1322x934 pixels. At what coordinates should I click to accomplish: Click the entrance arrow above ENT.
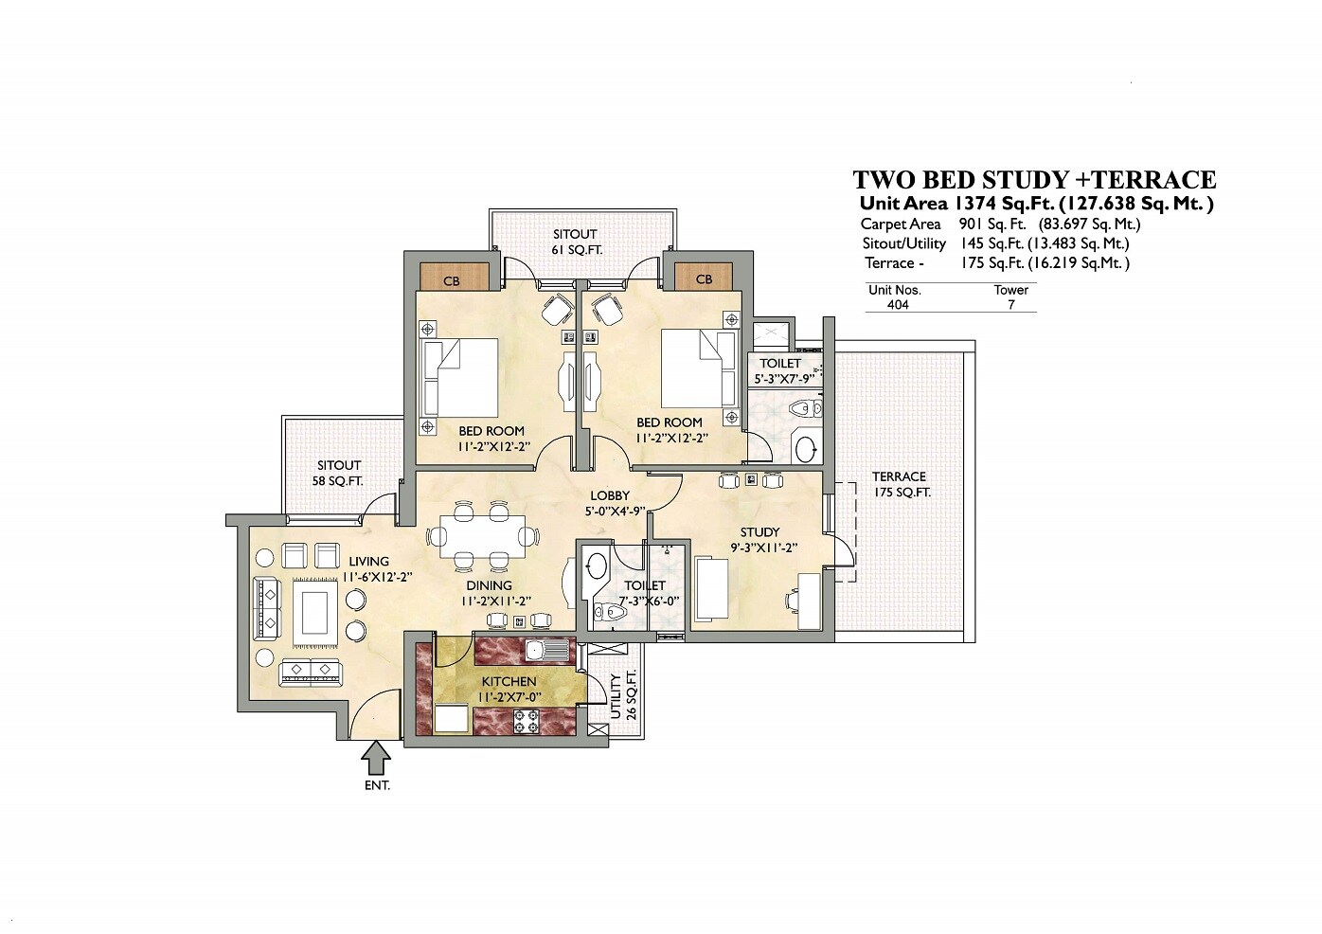pyautogui.click(x=377, y=758)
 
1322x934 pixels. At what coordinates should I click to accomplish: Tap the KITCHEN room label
pyautogui.click(x=509, y=682)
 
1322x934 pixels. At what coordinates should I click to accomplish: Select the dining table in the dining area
pyautogui.click(x=482, y=536)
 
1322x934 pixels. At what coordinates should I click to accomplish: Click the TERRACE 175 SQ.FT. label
pyautogui.click(x=900, y=484)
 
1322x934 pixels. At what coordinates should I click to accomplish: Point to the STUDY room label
pyautogui.click(x=759, y=532)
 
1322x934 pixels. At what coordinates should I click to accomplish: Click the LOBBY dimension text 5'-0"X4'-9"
pyautogui.click(x=615, y=511)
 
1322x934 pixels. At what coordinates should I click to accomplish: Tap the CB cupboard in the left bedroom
pyautogui.click(x=452, y=279)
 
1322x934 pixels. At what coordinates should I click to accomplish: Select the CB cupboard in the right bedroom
pyautogui.click(x=704, y=278)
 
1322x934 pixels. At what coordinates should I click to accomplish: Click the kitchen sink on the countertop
pyautogui.click(x=547, y=651)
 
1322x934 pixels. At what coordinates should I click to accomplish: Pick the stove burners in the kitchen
pyautogui.click(x=527, y=723)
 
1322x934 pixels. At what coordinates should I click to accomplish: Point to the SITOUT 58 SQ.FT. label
pyautogui.click(x=339, y=473)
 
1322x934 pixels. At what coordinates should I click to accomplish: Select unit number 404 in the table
pyautogui.click(x=897, y=305)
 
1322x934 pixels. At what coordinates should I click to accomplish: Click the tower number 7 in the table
pyautogui.click(x=1010, y=305)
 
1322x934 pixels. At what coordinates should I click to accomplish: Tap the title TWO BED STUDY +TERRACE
pyautogui.click(x=1034, y=180)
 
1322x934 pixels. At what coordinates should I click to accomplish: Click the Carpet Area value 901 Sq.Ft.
pyautogui.click(x=986, y=225)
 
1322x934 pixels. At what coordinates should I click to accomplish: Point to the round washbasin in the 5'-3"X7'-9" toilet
pyautogui.click(x=806, y=449)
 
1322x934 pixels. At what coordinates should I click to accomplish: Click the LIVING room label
pyautogui.click(x=367, y=562)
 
